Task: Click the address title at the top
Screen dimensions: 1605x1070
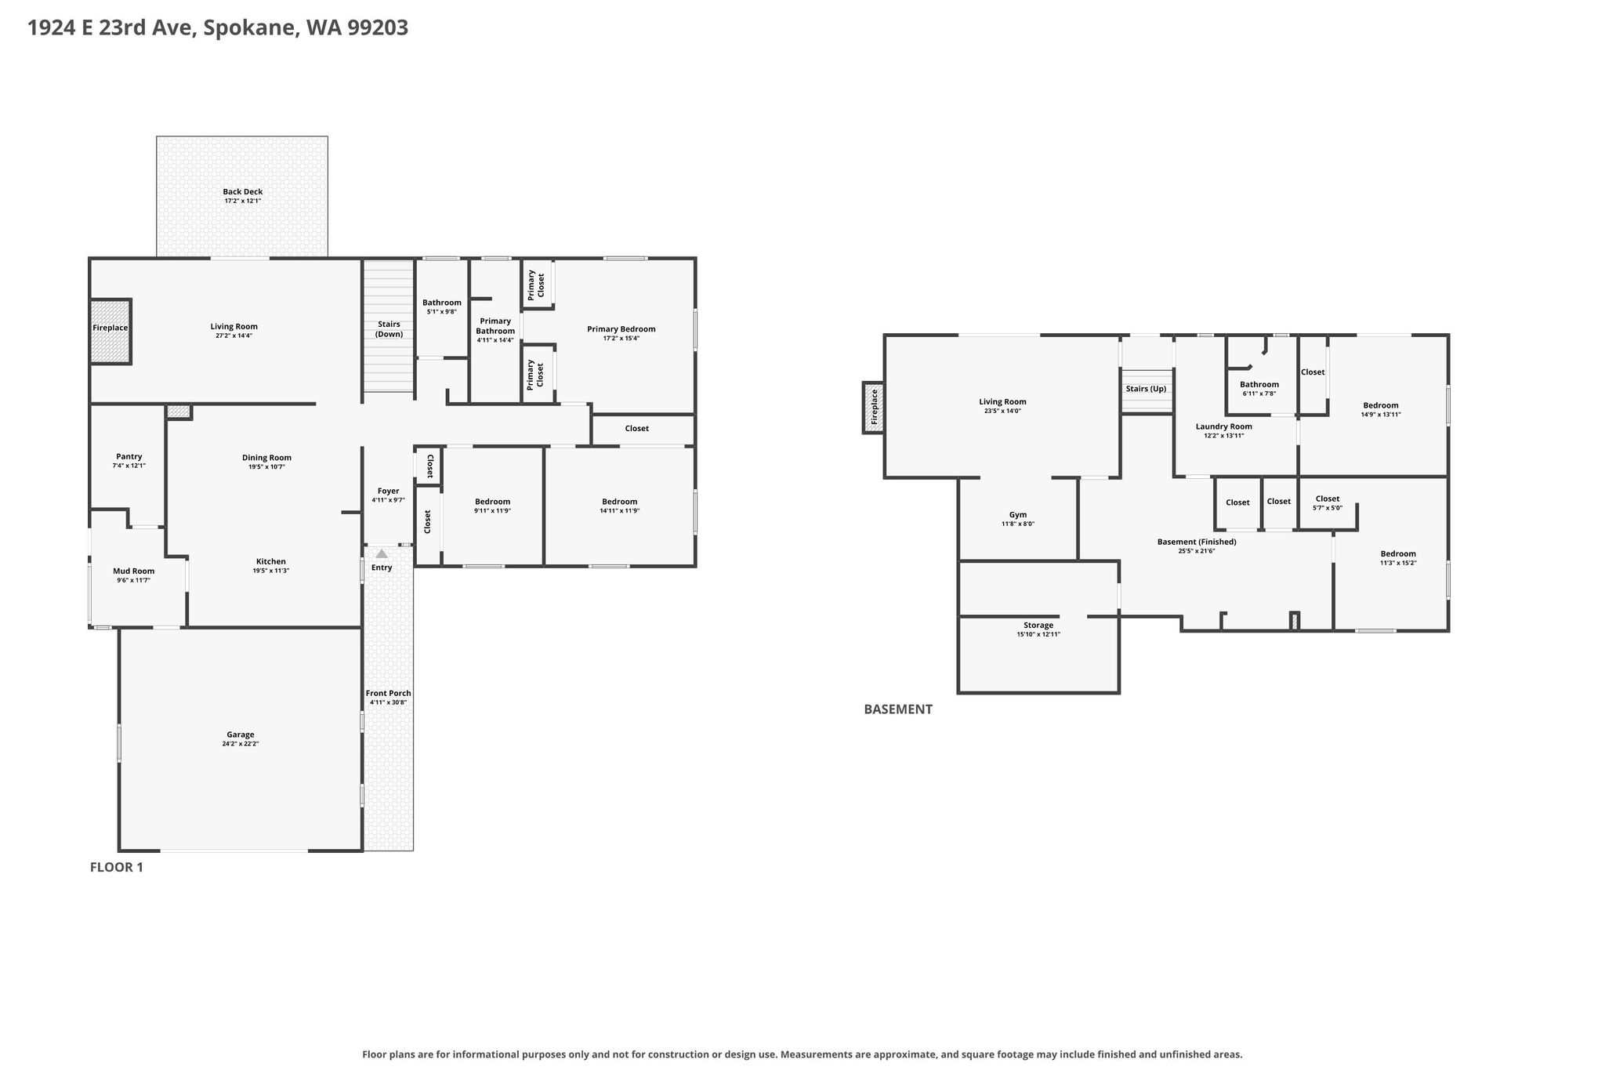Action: tap(218, 28)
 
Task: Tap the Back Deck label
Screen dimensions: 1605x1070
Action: tap(243, 192)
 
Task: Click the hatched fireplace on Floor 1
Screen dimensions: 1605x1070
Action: tap(111, 332)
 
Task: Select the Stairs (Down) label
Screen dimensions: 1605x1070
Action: tap(389, 329)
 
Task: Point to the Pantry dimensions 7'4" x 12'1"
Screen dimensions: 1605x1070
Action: tap(129, 466)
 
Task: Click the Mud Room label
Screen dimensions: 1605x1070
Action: tap(133, 571)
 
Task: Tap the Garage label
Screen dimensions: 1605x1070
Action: tap(241, 735)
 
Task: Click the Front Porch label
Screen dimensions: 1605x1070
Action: tap(389, 694)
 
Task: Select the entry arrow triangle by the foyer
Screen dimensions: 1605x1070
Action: tap(382, 553)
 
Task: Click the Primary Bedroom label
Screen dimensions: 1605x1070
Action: tap(621, 329)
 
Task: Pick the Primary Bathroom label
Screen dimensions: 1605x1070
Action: tap(495, 326)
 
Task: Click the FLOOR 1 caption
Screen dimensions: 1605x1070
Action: tap(117, 868)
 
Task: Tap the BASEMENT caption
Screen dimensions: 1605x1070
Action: tap(898, 709)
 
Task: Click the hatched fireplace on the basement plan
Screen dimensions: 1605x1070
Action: tap(874, 407)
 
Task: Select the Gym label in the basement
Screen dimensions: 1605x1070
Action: tap(1018, 515)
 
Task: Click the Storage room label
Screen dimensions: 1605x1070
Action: tap(1038, 626)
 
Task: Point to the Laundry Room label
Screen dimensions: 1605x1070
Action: tap(1224, 427)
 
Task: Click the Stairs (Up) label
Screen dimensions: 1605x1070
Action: tap(1146, 389)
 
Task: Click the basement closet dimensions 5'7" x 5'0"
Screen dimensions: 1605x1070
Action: tap(1328, 508)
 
